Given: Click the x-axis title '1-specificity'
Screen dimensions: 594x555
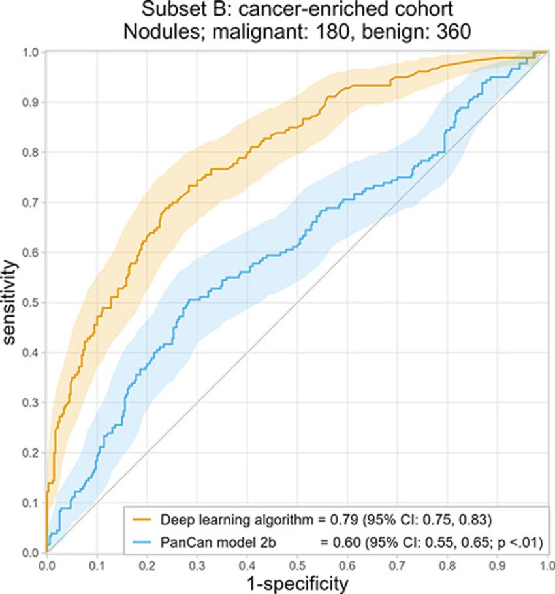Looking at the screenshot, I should pyautogui.click(x=298, y=582).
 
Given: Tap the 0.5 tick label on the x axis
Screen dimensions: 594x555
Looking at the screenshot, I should pyautogui.click(x=297, y=563).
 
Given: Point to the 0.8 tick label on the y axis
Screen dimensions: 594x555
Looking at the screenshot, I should pyautogui.click(x=31, y=152).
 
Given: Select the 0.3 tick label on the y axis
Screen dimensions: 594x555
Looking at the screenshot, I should pyautogui.click(x=31, y=403).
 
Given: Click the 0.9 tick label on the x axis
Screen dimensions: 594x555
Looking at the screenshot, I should pyautogui.click(x=498, y=563).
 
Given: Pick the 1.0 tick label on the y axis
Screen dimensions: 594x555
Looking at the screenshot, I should pyautogui.click(x=31, y=52).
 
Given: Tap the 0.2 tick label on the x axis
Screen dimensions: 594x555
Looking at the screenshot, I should pyautogui.click(x=147, y=563).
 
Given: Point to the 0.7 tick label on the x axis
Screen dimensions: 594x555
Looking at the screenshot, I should pyautogui.click(x=398, y=563).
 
